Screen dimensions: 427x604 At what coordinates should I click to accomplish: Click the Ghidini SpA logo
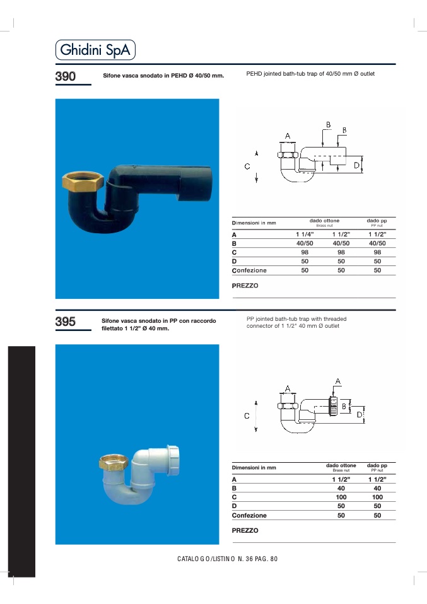[x=95, y=50]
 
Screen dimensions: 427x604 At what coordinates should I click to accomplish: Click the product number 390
[x=65, y=76]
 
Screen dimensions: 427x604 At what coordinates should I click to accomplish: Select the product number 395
[x=65, y=322]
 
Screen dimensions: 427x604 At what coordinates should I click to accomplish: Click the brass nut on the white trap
[x=114, y=462]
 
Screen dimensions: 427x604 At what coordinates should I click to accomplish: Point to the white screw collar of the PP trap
[x=173, y=455]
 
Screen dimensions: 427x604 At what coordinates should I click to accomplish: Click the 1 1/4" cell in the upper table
[x=305, y=234]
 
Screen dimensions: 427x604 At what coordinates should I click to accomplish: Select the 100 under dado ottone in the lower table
[x=341, y=497]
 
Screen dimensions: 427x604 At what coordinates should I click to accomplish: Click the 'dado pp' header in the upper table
[x=377, y=221]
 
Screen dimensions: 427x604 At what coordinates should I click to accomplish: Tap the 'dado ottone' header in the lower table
[x=341, y=465]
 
